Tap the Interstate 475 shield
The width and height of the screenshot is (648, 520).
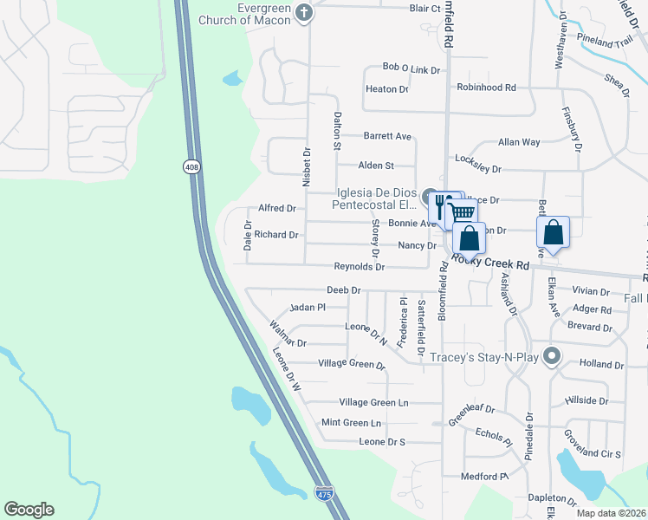point(323,493)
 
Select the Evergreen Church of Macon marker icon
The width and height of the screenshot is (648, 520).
point(303,12)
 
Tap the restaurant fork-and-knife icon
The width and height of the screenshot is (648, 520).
point(440,205)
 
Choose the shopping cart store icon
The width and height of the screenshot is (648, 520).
point(463,212)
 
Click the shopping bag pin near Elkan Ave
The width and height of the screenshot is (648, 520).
point(553,232)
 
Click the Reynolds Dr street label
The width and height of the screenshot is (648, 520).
point(360,267)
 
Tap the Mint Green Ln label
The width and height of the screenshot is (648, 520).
point(351,422)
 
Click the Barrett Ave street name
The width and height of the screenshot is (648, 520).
point(386,136)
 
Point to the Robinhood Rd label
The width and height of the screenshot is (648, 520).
point(486,88)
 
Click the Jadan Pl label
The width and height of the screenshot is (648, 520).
point(308,307)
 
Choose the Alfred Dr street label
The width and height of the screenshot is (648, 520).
point(277,208)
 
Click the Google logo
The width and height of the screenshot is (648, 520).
point(29,510)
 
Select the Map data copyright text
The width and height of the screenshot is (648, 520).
point(611,513)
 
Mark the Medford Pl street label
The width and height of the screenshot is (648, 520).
point(483,476)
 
